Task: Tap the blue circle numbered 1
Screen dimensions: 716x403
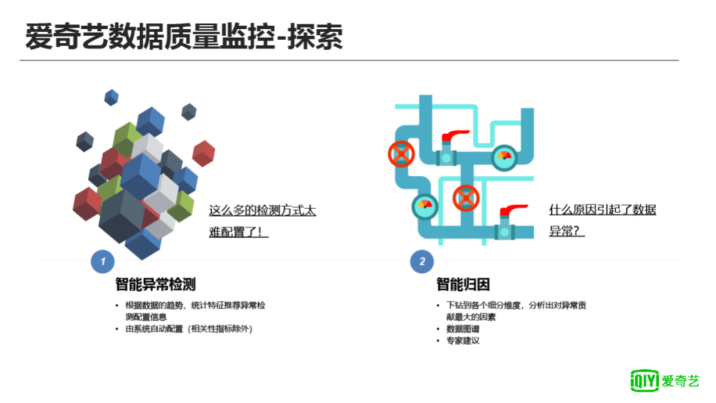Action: tap(103, 262)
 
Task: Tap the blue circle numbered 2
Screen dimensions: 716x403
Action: tap(422, 262)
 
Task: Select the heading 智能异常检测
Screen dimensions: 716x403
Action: tap(155, 285)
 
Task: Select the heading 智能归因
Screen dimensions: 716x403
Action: tap(463, 285)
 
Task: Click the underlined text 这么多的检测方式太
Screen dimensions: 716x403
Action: tap(263, 211)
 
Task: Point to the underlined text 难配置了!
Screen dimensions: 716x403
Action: tap(239, 233)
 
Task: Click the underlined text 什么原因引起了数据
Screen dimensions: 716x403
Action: tap(603, 211)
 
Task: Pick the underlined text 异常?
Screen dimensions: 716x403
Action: tap(567, 232)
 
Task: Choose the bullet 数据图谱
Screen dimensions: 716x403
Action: tap(463, 329)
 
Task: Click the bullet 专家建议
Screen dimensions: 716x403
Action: tap(463, 341)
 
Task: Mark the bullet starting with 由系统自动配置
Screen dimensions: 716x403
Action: tap(189, 329)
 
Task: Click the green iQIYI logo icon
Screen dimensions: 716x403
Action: tap(644, 380)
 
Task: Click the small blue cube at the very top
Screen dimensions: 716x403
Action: tap(111, 97)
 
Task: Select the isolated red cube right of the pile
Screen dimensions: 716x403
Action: tap(204, 153)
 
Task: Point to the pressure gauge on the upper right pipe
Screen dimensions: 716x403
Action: tap(505, 157)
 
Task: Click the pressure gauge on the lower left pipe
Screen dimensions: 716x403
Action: tap(425, 207)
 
